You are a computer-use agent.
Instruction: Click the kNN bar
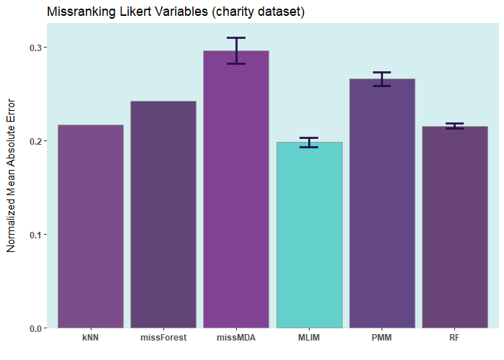click(x=91, y=226)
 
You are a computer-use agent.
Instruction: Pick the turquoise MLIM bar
click(x=309, y=235)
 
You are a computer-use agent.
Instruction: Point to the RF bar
click(x=454, y=227)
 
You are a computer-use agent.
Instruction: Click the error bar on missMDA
click(x=236, y=50)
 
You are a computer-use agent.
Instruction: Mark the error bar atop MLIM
click(x=309, y=143)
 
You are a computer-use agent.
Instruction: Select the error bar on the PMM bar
click(x=382, y=79)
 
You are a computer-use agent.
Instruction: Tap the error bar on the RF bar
click(x=454, y=126)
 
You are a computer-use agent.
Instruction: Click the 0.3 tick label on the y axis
click(x=34, y=48)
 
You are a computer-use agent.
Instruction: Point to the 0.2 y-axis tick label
click(x=34, y=141)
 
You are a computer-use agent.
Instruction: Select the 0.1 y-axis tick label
click(x=34, y=235)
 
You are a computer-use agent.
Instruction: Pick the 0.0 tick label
click(x=34, y=328)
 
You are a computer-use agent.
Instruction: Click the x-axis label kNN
click(x=91, y=338)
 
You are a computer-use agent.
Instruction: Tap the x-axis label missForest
click(x=163, y=338)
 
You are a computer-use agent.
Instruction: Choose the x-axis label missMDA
click(x=236, y=338)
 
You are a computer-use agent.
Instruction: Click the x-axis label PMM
click(x=382, y=338)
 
